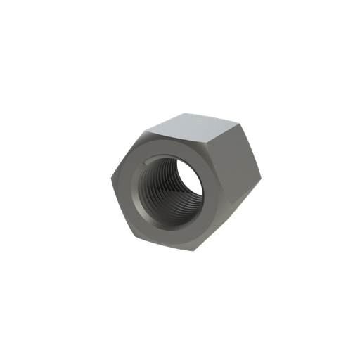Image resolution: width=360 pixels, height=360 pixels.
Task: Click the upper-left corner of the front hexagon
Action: pos(148,129)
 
